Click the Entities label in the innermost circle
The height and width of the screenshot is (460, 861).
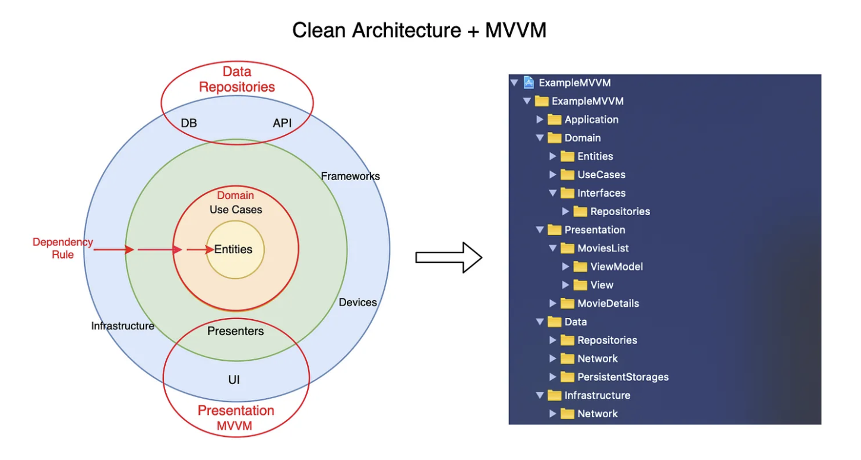(x=233, y=250)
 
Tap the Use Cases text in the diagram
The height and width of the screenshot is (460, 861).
(x=236, y=210)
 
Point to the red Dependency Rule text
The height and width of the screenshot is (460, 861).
(x=62, y=248)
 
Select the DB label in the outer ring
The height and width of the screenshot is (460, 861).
(x=189, y=124)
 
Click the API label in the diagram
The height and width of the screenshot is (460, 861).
(x=283, y=124)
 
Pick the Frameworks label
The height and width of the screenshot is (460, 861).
(x=350, y=176)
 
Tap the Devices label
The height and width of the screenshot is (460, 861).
(x=357, y=303)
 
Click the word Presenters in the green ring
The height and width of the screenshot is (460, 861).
(x=236, y=331)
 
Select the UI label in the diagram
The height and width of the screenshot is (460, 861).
(x=234, y=380)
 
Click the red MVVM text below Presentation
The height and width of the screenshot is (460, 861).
(x=234, y=426)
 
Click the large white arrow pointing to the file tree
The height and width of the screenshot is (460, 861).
(x=448, y=257)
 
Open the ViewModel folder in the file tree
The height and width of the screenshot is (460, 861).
(x=616, y=267)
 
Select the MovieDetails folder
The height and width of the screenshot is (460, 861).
(x=608, y=304)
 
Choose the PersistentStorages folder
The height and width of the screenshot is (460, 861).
(x=623, y=377)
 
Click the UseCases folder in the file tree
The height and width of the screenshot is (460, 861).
(x=601, y=175)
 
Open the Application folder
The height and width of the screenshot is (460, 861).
(x=591, y=119)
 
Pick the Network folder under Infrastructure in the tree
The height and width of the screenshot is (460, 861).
(x=597, y=414)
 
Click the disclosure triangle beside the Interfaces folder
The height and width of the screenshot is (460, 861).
(x=553, y=193)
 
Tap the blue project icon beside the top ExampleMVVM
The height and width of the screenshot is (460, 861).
(x=528, y=83)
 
